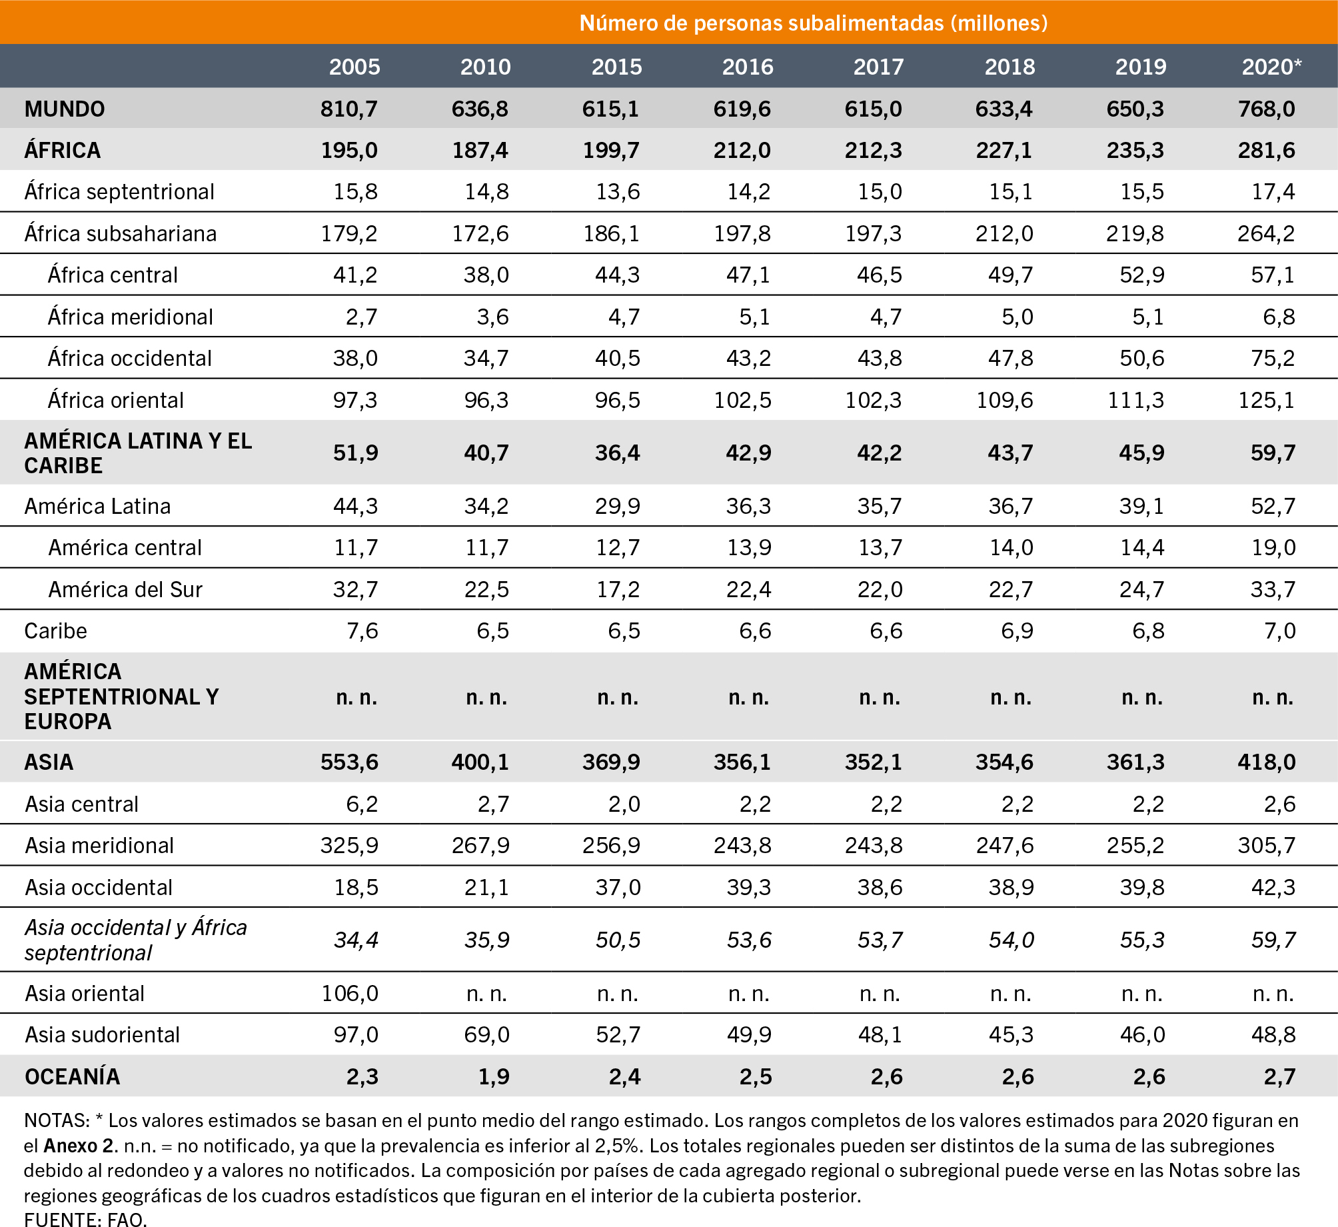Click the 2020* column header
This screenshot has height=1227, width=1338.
[x=1271, y=67]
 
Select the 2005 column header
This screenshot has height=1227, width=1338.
[x=354, y=67]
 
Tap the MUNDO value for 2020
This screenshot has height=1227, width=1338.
[x=1267, y=109]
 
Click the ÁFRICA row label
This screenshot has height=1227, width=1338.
[x=63, y=150]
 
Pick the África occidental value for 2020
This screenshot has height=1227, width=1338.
[x=1273, y=359]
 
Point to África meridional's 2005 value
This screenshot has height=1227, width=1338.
[x=362, y=317]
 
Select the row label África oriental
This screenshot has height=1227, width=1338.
[x=115, y=400]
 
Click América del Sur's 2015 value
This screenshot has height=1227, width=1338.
[x=618, y=589]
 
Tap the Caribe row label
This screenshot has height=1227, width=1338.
[x=55, y=630]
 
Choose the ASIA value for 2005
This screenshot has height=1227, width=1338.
[x=349, y=762]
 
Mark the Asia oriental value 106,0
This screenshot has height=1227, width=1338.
[x=350, y=993]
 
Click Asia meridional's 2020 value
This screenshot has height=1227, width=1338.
[x=1267, y=845]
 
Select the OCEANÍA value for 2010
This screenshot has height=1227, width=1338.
[x=494, y=1076]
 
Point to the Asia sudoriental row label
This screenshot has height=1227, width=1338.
[x=103, y=1034]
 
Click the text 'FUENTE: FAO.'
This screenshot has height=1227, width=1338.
[x=85, y=1219]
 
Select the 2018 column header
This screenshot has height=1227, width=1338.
[x=1009, y=67]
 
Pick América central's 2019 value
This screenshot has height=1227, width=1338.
[x=1142, y=548]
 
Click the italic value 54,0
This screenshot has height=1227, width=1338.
[x=1011, y=940]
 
